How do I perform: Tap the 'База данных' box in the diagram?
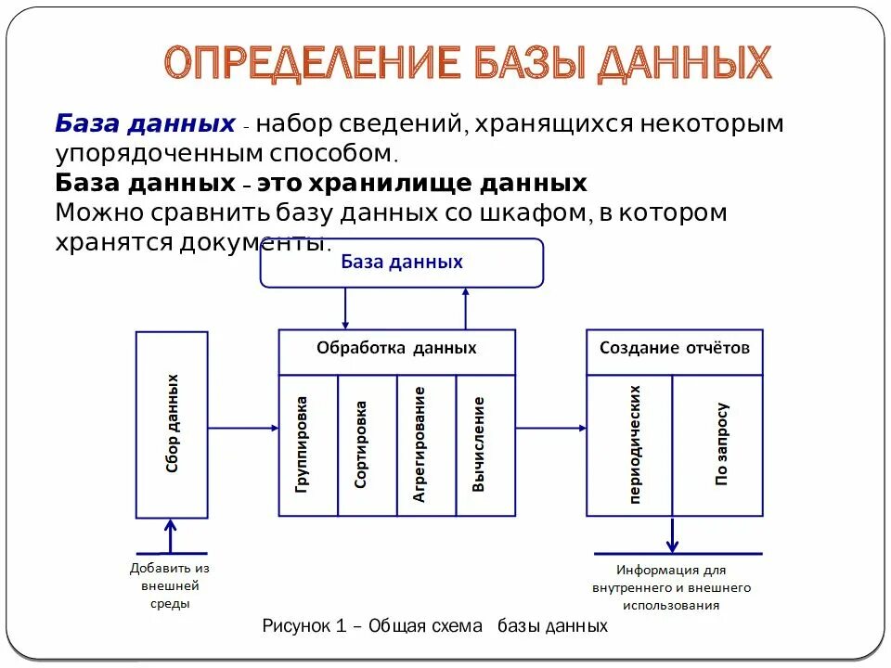pyautogui.click(x=401, y=263)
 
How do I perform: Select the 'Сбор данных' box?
pyautogui.click(x=172, y=424)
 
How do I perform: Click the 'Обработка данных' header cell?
pyautogui.click(x=396, y=349)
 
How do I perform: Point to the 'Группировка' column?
pyautogui.click(x=307, y=445)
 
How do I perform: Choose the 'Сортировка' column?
pyautogui.click(x=367, y=445)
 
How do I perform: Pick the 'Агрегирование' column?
pyautogui.click(x=425, y=445)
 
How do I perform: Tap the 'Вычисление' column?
pyautogui.click(x=485, y=445)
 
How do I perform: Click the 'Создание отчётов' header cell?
pyautogui.click(x=674, y=349)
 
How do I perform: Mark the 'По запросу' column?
pyautogui.click(x=717, y=445)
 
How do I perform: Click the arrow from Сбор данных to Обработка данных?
pyautogui.click(x=243, y=428)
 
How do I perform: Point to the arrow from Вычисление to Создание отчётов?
pyautogui.click(x=550, y=428)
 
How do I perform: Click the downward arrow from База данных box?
pyautogui.click(x=345, y=307)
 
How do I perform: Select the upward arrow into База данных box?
pyautogui.click(x=466, y=307)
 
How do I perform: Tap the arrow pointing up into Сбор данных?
pyautogui.click(x=170, y=535)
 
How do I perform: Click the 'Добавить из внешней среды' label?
pyautogui.click(x=169, y=585)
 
